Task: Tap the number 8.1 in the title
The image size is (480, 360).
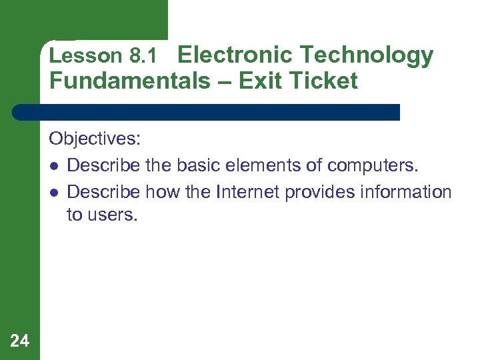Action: [x=143, y=57]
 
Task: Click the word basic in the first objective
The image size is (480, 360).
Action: [x=198, y=165]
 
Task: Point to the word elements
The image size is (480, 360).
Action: [x=267, y=165]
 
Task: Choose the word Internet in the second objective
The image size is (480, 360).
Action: [x=248, y=192]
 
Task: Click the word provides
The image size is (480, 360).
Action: [x=317, y=193]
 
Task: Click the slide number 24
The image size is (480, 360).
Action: [x=20, y=341]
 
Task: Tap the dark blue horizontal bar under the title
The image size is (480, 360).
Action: [x=207, y=112]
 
